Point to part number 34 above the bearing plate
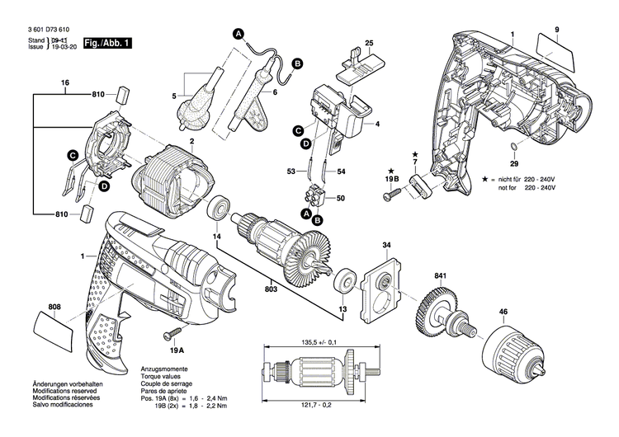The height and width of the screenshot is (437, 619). pyautogui.click(x=385, y=245)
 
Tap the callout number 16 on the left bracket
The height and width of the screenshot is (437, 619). pyautogui.click(x=64, y=82)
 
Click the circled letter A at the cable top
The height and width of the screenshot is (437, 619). pyautogui.click(x=238, y=34)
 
